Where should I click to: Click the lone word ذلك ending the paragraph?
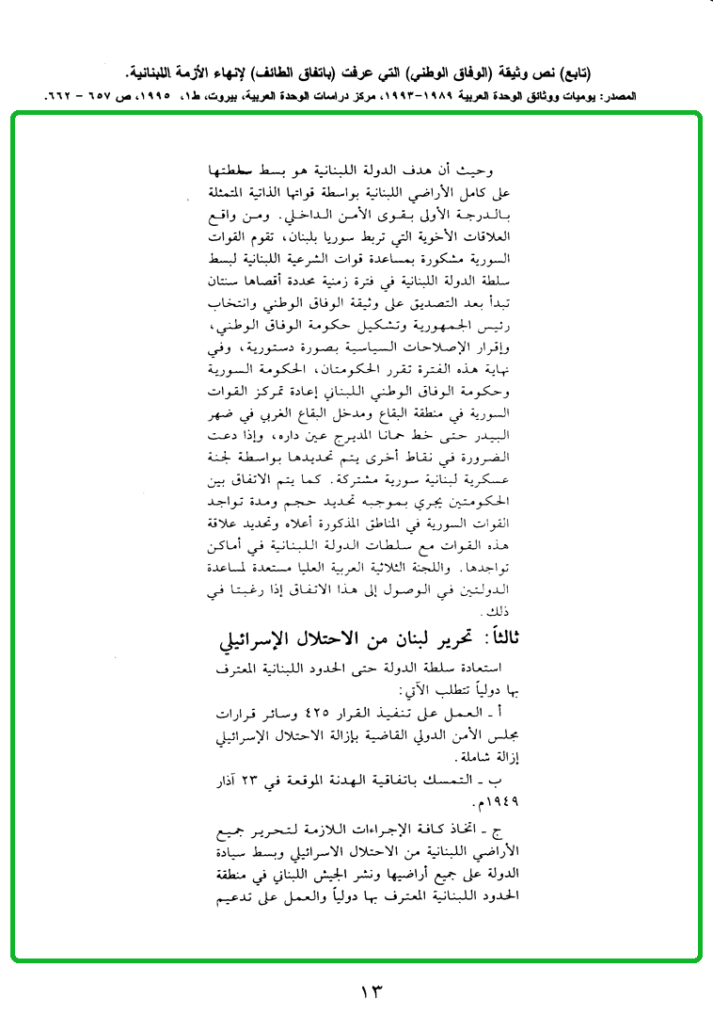pyautogui.click(x=496, y=613)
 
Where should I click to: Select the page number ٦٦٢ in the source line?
pyautogui.click(x=61, y=96)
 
